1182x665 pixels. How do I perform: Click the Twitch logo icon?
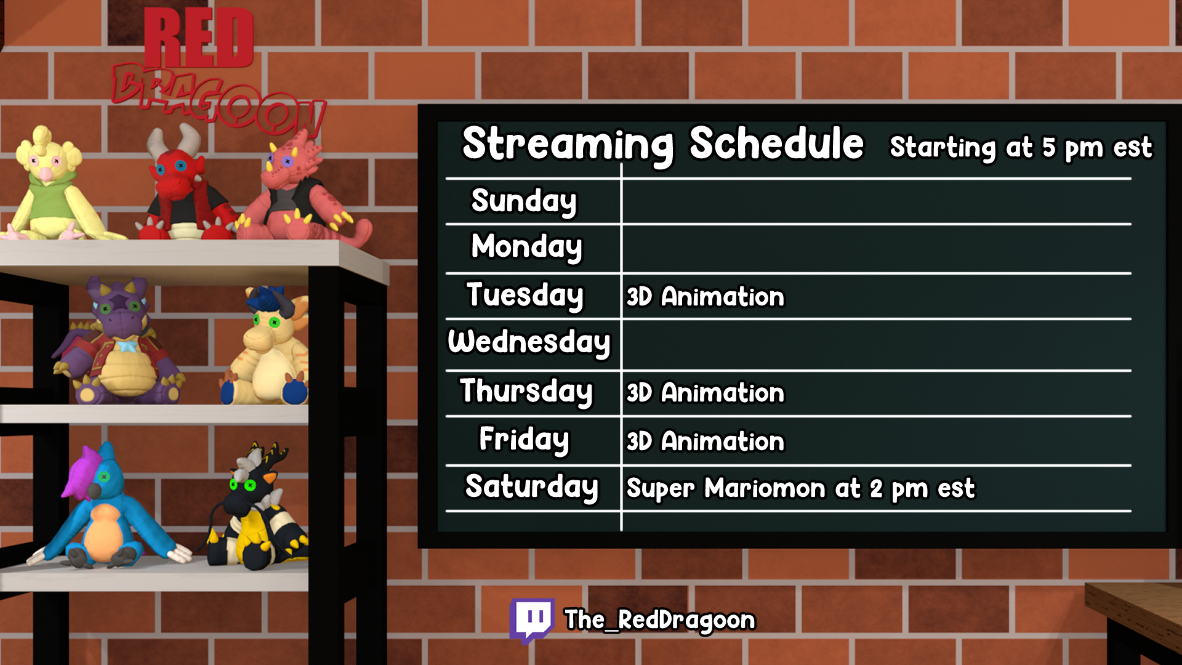coord(532,620)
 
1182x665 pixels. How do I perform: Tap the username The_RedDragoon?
coord(660,620)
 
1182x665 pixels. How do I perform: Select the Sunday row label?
coord(524,201)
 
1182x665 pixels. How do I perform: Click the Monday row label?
coord(526,247)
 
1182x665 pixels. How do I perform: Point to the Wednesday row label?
coord(529,342)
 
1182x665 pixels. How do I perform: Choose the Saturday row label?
coord(531,487)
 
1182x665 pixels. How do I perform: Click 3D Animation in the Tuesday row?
coord(706,297)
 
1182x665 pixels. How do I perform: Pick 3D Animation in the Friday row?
coord(706,441)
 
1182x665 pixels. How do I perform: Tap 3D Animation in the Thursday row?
coord(706,393)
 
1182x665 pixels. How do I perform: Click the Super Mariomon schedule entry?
coord(800,489)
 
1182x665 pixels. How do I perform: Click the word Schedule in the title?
coord(776,143)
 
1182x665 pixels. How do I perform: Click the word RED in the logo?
coord(198,38)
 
